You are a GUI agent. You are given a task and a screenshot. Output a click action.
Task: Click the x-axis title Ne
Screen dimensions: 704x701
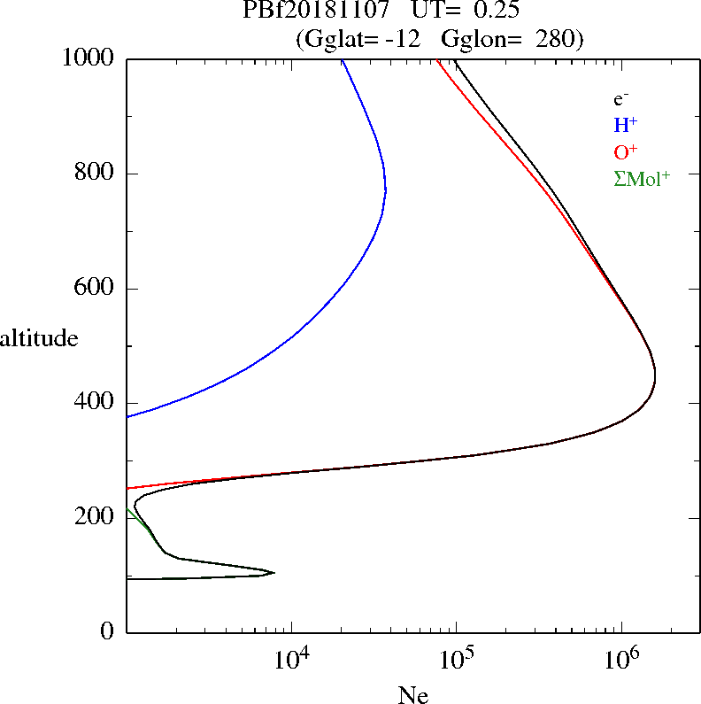(x=412, y=695)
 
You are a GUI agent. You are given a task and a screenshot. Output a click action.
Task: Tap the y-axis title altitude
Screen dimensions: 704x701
(x=39, y=338)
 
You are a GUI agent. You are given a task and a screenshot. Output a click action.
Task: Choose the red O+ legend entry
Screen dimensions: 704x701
(x=626, y=151)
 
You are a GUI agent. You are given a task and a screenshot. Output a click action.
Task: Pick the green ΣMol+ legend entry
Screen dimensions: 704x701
(x=642, y=178)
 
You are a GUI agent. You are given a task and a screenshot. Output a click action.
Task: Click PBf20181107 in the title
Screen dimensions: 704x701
(x=316, y=12)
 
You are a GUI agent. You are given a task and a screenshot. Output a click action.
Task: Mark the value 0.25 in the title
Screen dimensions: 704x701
(x=487, y=12)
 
